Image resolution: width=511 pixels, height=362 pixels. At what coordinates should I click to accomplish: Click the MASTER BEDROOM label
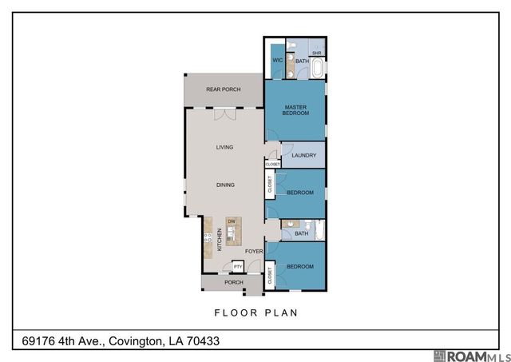(x=295, y=109)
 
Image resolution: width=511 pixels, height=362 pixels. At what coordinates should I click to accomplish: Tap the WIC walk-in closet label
(x=277, y=61)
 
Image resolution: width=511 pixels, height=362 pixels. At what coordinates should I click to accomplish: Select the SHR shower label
(x=316, y=53)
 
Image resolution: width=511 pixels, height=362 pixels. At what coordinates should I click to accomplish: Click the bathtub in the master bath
(x=318, y=69)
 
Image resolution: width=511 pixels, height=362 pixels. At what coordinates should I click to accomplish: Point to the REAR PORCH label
(x=223, y=90)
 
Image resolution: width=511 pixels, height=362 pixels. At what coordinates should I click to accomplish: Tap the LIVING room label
(x=224, y=147)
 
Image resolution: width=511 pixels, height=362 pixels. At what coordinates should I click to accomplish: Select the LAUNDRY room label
(x=304, y=156)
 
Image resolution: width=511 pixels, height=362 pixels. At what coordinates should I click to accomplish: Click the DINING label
(x=225, y=185)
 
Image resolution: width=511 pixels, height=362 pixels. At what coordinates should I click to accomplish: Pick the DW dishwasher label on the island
(x=231, y=221)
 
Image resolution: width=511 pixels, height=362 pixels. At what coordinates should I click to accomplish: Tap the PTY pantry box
(x=237, y=266)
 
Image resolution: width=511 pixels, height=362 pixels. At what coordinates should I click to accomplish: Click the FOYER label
(x=253, y=251)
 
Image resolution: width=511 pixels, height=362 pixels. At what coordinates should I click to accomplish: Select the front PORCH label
(x=233, y=282)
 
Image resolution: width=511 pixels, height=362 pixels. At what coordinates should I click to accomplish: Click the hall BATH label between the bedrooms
(x=301, y=233)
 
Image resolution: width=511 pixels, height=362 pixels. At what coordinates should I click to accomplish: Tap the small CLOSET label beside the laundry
(x=272, y=164)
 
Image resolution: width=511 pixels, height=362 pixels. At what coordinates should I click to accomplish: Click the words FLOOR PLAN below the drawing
(x=255, y=312)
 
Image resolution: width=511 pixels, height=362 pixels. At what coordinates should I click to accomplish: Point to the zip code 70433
(x=200, y=341)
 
